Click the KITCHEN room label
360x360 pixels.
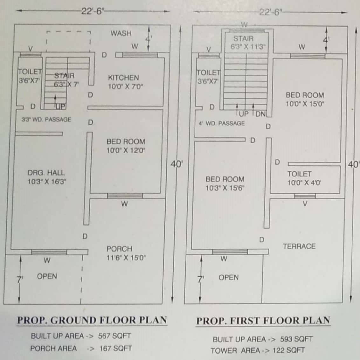tap(123, 78)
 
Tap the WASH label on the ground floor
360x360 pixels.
tap(121, 33)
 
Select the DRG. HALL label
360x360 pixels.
tap(46, 173)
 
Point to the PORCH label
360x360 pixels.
tap(119, 249)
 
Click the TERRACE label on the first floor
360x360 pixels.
tap(299, 246)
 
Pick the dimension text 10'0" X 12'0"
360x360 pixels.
tap(126, 150)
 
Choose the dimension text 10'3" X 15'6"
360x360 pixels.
tap(225, 188)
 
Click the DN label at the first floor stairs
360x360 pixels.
tap(260, 114)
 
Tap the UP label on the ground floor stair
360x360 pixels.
tap(60, 107)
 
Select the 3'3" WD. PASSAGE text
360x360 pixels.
tap(46, 119)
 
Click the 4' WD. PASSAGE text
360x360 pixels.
tap(222, 123)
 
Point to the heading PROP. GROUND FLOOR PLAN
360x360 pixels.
tap(92, 320)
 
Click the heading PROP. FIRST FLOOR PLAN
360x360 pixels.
tap(263, 321)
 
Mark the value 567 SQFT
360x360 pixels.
tap(114, 336)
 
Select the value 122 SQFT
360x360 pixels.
tap(288, 350)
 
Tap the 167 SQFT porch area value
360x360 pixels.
tap(116, 349)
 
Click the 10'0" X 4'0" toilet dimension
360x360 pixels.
tap(304, 183)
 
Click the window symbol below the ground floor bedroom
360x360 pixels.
tap(125, 196)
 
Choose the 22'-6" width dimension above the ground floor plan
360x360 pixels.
tap(93, 11)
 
